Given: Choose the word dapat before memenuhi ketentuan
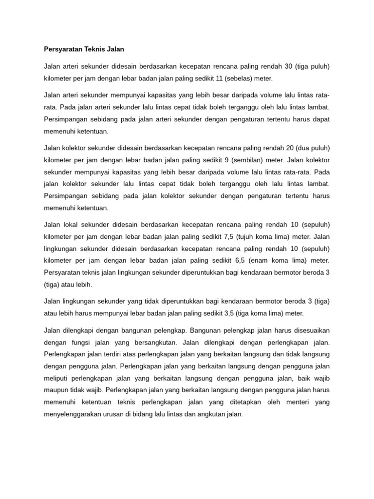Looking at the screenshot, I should [321, 119].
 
